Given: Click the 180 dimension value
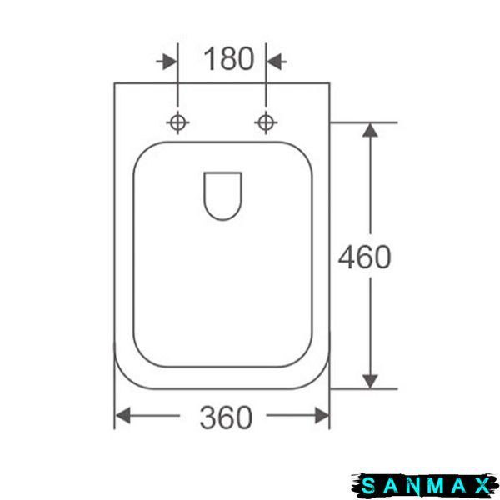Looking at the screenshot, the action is coord(229,58).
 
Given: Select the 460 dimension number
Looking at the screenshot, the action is coord(365,257).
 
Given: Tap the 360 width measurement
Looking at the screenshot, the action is coord(226,417).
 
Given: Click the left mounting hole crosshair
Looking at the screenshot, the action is coord(178,122).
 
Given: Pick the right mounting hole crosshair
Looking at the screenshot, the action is coord(266,122).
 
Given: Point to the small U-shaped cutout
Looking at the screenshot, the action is coord(222,219).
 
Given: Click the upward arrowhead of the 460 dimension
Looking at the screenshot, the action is coord(370,131).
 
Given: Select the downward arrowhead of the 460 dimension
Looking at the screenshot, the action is coord(370,381).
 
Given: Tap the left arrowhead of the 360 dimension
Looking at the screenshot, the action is coord(122,415).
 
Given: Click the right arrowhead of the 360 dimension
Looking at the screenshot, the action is coord(322,415).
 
